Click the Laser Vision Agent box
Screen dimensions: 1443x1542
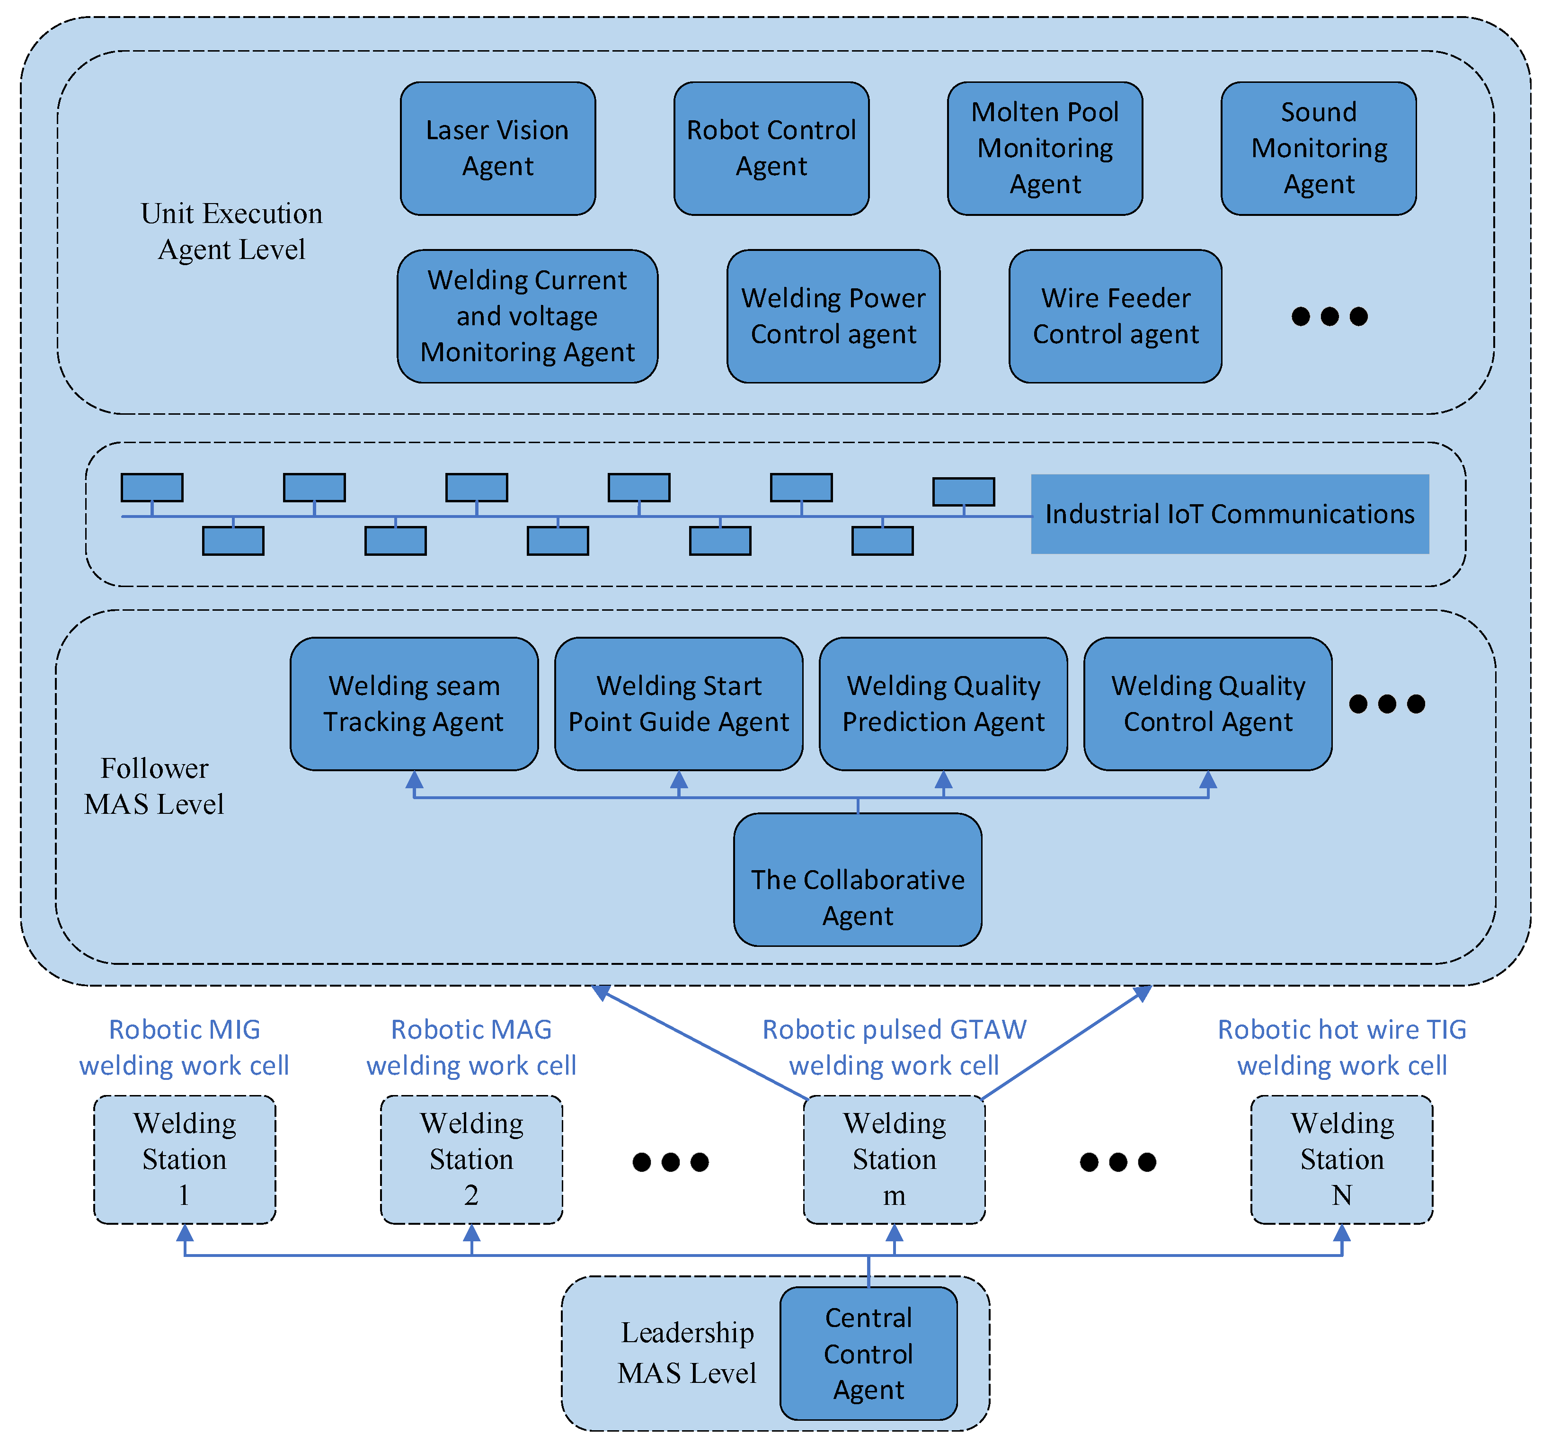pos(497,148)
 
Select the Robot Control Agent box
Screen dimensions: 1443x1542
pos(771,148)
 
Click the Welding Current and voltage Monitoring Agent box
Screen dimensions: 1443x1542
pos(527,316)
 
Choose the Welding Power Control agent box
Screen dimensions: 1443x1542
pos(833,316)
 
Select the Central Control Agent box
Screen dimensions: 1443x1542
pos(868,1353)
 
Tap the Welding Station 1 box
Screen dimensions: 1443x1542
pos(185,1159)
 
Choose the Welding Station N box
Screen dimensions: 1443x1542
pos(1341,1159)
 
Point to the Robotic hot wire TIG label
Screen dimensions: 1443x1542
pos(1341,1030)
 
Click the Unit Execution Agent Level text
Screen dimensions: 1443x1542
pos(231,231)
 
